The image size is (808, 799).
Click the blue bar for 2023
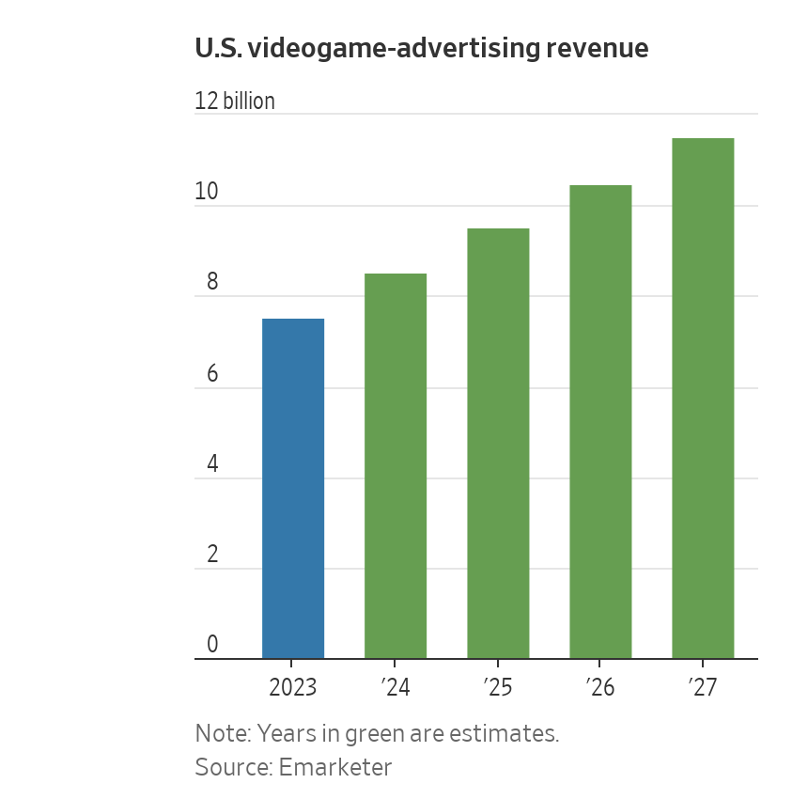pos(293,489)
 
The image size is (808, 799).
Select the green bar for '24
pos(396,466)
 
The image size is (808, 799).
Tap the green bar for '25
pos(498,444)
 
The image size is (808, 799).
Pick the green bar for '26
pos(600,422)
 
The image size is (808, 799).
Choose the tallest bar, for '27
pos(703,399)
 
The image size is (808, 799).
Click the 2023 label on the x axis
pos(293,688)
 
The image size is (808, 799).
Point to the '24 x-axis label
pos(396,688)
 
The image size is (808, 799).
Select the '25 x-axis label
pos(498,688)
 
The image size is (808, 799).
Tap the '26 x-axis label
pos(600,688)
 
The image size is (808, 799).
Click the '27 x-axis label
pos(703,688)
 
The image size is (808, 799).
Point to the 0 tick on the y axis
pos(212,645)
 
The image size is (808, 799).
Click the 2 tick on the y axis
pos(212,555)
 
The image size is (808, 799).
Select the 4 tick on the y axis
pos(212,464)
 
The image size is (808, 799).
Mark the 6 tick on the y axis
pos(212,374)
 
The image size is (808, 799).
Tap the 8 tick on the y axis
pos(212,283)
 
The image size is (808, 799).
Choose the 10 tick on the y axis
pos(207,192)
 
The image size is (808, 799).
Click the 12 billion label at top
pos(235,102)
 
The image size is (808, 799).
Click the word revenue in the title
pos(599,49)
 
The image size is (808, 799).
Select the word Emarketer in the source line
pos(336,767)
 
